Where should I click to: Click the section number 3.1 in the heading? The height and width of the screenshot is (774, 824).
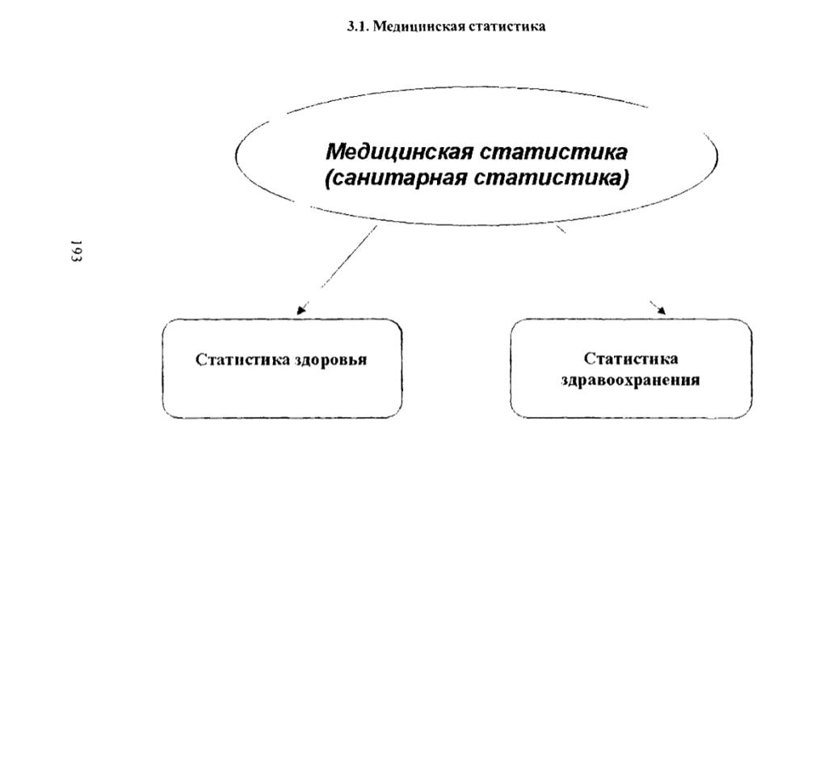coord(358,27)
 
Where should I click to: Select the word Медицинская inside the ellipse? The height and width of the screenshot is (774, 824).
coord(399,151)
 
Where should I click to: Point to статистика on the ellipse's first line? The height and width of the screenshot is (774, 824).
coord(554,151)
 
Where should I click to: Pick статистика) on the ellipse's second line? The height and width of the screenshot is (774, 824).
coord(552,179)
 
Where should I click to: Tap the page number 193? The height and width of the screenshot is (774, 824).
coord(76,250)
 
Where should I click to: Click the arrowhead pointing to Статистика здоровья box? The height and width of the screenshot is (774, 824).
coord(301,310)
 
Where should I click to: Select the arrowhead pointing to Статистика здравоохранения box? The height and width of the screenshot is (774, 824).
coord(661,310)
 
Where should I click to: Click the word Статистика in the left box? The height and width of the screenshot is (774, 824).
coord(243,360)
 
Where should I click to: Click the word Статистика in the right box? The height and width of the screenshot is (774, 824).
coord(631,359)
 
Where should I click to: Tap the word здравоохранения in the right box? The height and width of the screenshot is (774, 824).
coord(630,380)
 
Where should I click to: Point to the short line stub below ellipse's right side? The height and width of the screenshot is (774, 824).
coord(561,229)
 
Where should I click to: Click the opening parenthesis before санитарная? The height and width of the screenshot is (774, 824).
coord(329,179)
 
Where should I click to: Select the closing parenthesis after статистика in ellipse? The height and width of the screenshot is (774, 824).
coord(624,179)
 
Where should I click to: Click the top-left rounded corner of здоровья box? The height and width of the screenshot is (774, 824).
coord(166,323)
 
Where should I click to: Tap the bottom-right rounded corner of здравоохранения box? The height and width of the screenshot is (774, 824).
coord(746,414)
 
